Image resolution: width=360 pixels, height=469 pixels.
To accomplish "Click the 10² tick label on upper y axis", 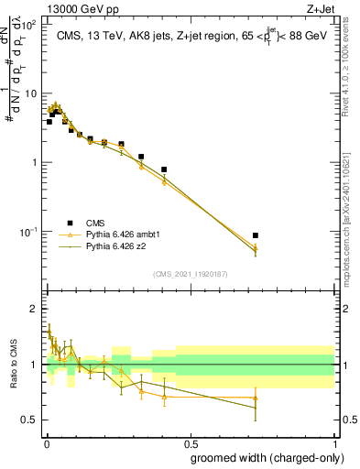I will (x=29, y=25).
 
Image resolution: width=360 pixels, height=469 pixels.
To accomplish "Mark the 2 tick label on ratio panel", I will (x=34, y=309).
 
